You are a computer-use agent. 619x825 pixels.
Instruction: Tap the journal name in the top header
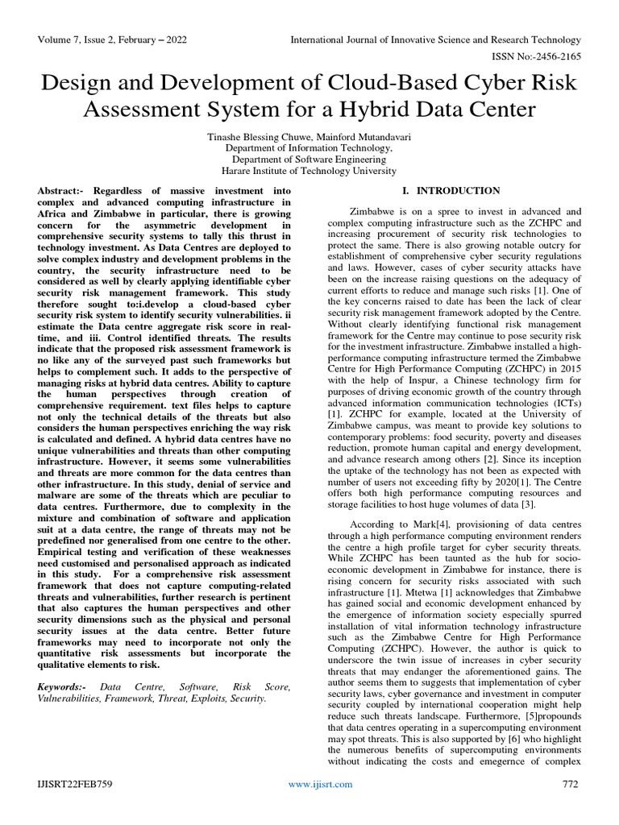pyautogui.click(x=435, y=39)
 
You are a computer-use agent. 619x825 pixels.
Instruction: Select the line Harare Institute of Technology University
pyautogui.click(x=309, y=171)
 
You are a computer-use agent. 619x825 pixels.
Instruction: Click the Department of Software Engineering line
pyautogui.click(x=309, y=160)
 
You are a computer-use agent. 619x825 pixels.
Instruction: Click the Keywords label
pyautogui.click(x=65, y=686)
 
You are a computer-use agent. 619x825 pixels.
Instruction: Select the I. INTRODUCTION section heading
pyautogui.click(x=451, y=191)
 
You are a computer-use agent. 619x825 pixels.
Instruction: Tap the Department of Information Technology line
pyautogui.click(x=309, y=149)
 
